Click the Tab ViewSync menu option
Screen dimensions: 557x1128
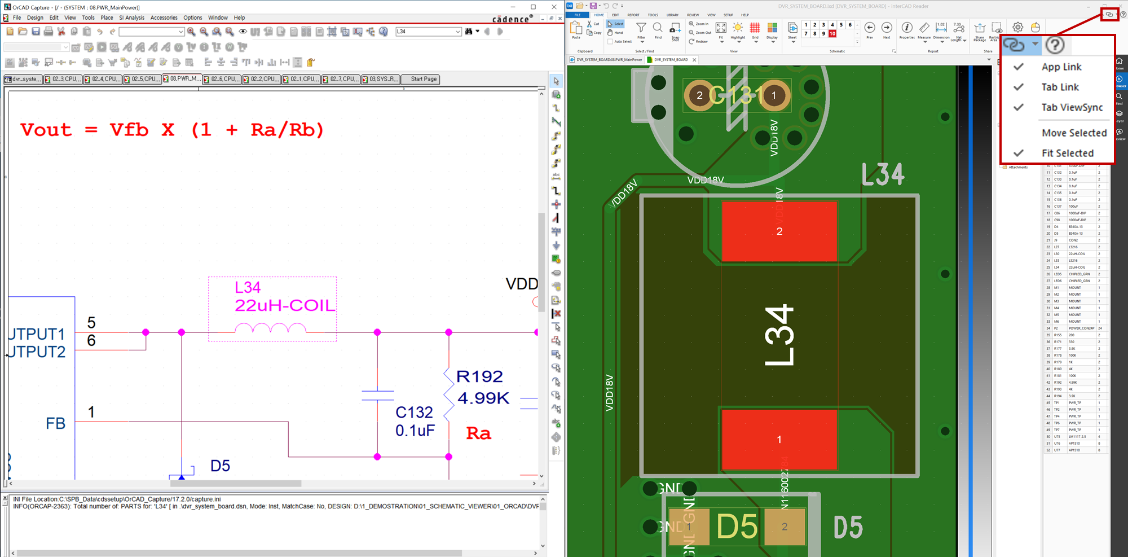coord(1072,107)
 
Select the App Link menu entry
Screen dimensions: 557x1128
coord(1061,67)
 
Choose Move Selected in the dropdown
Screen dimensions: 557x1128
coord(1074,133)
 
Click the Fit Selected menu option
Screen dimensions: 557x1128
coord(1067,153)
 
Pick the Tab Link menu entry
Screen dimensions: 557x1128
coord(1060,87)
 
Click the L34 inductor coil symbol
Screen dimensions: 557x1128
coord(271,328)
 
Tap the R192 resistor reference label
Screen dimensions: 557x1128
coord(479,376)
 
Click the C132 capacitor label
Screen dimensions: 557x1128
coord(414,413)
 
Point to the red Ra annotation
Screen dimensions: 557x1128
coord(478,433)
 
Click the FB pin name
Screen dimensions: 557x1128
coord(55,423)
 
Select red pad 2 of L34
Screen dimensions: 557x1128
coord(779,231)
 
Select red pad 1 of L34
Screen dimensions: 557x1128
coord(779,439)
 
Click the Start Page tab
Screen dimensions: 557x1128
coord(423,79)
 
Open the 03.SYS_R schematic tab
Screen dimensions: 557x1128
coord(381,79)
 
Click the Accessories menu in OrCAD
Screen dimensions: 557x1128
coord(164,17)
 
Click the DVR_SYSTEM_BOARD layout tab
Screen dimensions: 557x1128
coord(671,59)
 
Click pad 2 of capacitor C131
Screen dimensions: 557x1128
coord(699,95)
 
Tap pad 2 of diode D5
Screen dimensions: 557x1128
coord(784,527)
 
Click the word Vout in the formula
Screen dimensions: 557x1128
coord(46,130)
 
